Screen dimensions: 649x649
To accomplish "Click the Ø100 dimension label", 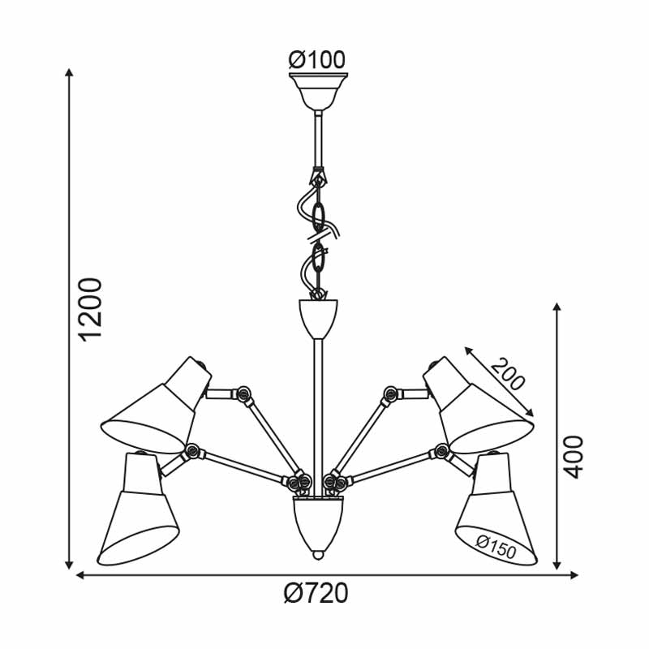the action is pos(316,59).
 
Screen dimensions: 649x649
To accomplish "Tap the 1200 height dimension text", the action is pos(91,310).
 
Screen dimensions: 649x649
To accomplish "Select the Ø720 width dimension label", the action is pos(316,593).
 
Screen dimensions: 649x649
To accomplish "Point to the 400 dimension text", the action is pos(574,457).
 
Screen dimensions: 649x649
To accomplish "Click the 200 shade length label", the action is pos(508,373).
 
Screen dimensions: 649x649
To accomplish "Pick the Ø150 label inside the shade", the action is pos(496,547).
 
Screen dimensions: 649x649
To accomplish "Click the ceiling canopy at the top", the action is pos(318,91).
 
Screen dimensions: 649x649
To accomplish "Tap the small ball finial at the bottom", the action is pos(318,555).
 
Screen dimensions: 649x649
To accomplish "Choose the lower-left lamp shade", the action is pos(138,509).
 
